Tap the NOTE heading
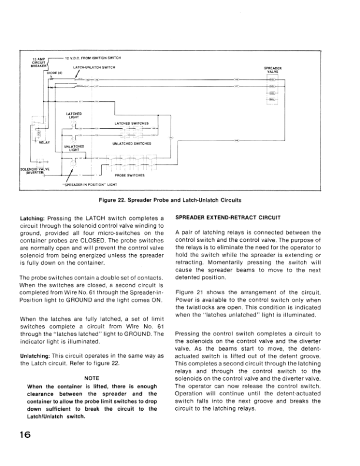(x=92, y=377)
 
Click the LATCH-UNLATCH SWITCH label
(x=94, y=68)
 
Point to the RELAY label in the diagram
(x=44, y=142)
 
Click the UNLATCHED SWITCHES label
(x=131, y=143)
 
